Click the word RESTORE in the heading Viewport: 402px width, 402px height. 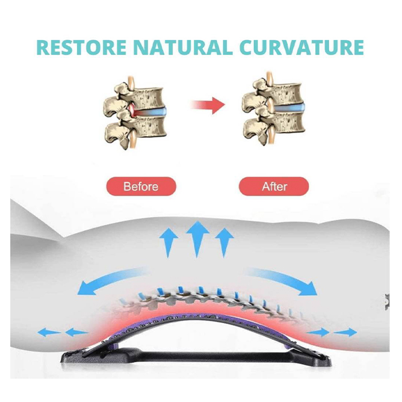82,47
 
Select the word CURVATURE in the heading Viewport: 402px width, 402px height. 301,47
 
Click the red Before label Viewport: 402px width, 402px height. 141,187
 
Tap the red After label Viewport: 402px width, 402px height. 274,187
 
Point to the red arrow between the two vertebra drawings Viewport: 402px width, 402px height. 208,105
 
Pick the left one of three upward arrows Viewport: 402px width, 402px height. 168,242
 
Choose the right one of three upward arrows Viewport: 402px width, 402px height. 225,242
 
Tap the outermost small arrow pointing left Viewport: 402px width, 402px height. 49,333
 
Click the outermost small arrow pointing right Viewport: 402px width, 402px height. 345,333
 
